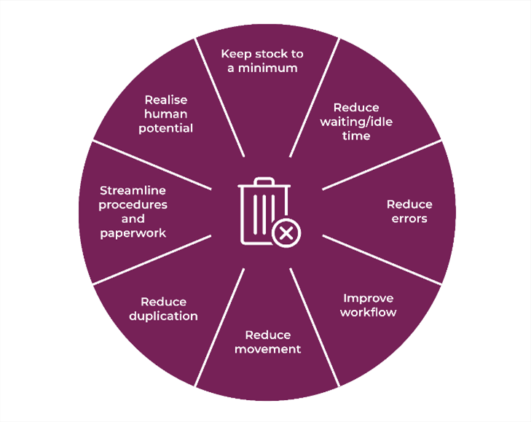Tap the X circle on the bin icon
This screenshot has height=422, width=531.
[287, 233]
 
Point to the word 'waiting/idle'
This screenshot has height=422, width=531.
[356, 122]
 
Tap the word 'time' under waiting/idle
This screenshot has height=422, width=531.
[356, 136]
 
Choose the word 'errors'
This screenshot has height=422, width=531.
[409, 218]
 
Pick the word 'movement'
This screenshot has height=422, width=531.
[267, 349]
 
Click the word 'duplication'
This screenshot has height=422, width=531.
[164, 316]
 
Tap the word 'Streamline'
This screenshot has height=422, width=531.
[133, 191]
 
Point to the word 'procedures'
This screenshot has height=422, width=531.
[133, 205]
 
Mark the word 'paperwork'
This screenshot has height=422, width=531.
[133, 233]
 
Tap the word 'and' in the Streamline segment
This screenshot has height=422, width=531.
[133, 219]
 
